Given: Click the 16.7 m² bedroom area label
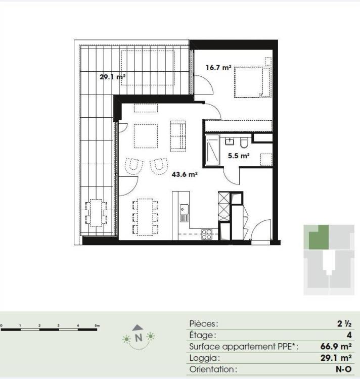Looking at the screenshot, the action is (x=218, y=67).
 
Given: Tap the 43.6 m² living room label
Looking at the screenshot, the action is (x=185, y=174).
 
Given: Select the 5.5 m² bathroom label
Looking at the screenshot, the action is (x=239, y=156).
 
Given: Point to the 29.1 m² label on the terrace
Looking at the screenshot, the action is (x=112, y=77).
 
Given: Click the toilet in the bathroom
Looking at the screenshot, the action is (x=244, y=143).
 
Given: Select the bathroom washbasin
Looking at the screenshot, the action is (x=230, y=141).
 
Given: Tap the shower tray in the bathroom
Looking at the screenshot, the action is (x=212, y=151).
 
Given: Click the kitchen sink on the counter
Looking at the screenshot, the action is (x=184, y=213).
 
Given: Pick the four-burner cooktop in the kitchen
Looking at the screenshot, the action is (x=207, y=234).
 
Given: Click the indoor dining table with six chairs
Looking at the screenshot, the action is (x=145, y=217).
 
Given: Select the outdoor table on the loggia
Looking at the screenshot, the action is (x=96, y=213).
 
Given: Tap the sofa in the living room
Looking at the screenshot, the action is (x=178, y=136).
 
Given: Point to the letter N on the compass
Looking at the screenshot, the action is (x=139, y=338).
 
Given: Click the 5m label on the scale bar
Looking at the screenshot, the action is (x=97, y=325).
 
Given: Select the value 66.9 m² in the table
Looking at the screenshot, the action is (x=336, y=346).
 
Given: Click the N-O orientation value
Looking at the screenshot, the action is (x=343, y=369).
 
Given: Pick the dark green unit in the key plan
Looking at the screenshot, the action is (x=319, y=238).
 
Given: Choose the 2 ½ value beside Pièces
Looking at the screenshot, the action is (x=344, y=323).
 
